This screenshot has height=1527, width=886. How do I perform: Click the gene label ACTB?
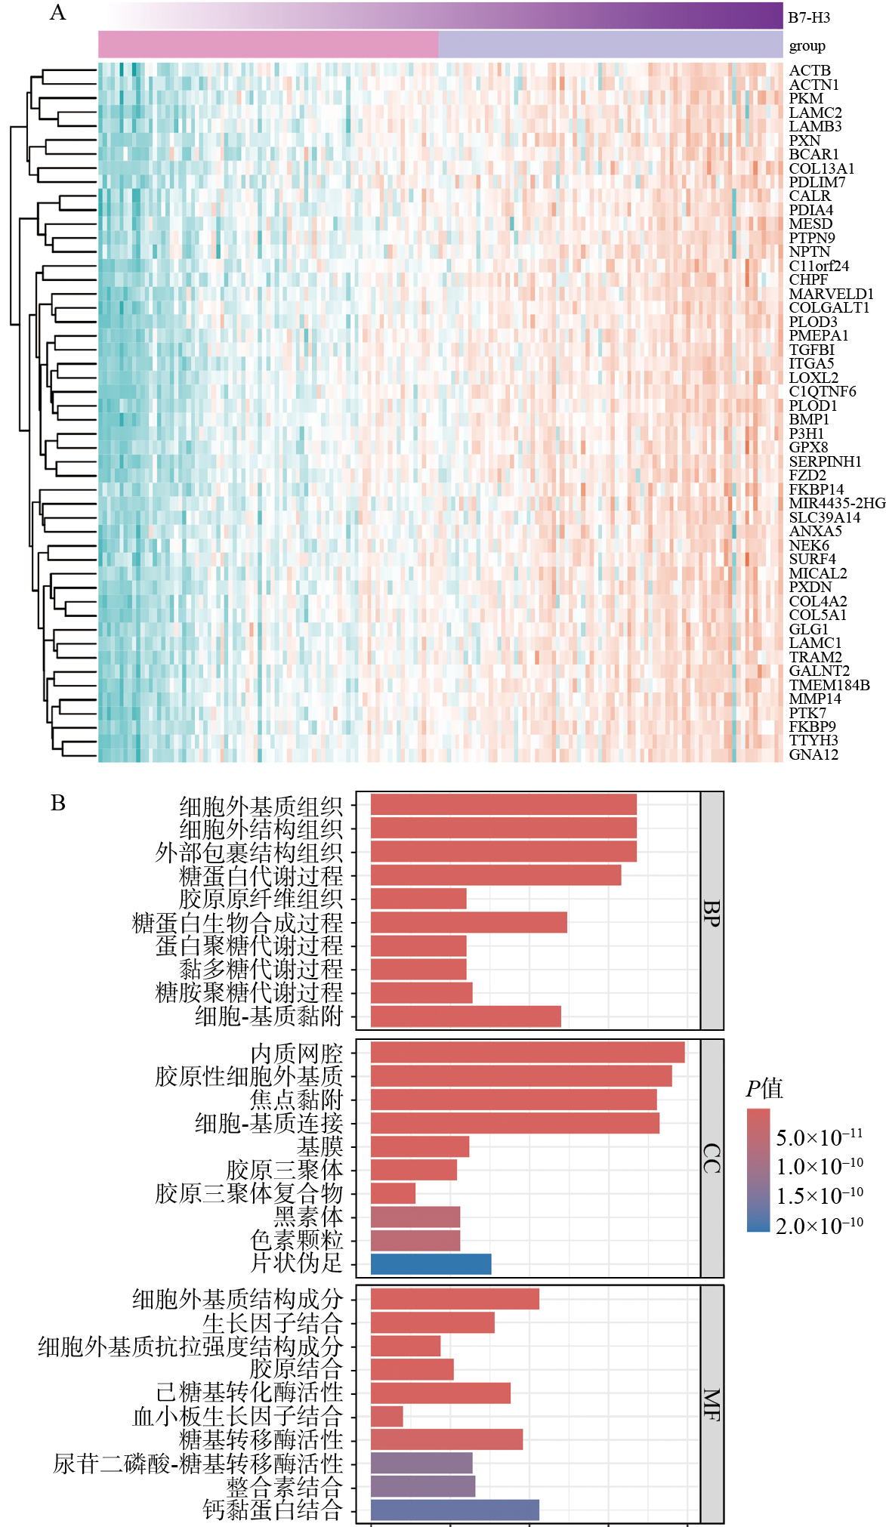(x=810, y=71)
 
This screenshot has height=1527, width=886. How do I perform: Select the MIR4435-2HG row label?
(x=837, y=503)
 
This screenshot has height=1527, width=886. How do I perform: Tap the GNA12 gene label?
(x=813, y=754)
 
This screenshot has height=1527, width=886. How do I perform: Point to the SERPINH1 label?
(x=825, y=461)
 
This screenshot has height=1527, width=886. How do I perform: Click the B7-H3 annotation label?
(x=809, y=17)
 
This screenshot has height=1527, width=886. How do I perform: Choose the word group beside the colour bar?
(x=807, y=46)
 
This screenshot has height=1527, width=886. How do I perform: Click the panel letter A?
(x=57, y=13)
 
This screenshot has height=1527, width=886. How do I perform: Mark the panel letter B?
(x=58, y=803)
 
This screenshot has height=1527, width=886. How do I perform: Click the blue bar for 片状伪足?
(x=431, y=1264)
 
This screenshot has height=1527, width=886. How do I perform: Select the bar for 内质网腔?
(x=527, y=1053)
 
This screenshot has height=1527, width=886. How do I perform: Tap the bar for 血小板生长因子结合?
(x=387, y=1416)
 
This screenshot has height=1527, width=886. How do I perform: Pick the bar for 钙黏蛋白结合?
(x=455, y=1510)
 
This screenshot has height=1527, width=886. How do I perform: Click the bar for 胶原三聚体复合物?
(x=393, y=1193)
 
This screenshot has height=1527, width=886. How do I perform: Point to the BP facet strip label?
(x=712, y=912)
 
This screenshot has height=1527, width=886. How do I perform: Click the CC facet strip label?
(x=712, y=1158)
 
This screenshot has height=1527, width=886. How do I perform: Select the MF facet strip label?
(x=712, y=1405)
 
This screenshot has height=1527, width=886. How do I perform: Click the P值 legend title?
(x=764, y=1089)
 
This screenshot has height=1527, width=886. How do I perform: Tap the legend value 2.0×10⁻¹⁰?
(x=820, y=1226)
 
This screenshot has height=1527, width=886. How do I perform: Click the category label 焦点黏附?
(x=297, y=1100)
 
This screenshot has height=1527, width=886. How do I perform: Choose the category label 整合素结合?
(x=285, y=1486)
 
